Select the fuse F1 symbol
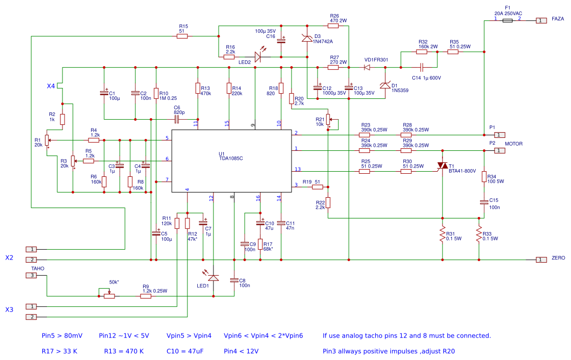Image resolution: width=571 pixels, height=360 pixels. pyautogui.click(x=504, y=21)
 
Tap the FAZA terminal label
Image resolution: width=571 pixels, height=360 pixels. pyautogui.click(x=558, y=20)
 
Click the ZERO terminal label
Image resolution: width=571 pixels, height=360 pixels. pyautogui.click(x=558, y=258)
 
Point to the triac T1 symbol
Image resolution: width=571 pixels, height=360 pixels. pyautogui.click(x=442, y=165)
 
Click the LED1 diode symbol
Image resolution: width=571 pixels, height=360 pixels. pyautogui.click(x=213, y=278)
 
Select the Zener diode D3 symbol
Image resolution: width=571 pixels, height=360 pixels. pyautogui.click(x=307, y=38)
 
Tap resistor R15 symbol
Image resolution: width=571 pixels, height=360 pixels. pyautogui.click(x=182, y=36)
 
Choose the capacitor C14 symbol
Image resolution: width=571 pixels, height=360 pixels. pyautogui.click(x=422, y=67)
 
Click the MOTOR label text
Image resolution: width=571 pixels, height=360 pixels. pyautogui.click(x=514, y=144)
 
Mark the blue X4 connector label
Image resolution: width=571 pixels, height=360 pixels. pyautogui.click(x=51, y=85)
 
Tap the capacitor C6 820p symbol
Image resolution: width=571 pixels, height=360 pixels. pyautogui.click(x=177, y=119)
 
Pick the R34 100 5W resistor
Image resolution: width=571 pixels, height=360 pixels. pyautogui.click(x=484, y=177)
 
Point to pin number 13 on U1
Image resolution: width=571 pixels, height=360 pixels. pyautogui.click(x=297, y=169)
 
